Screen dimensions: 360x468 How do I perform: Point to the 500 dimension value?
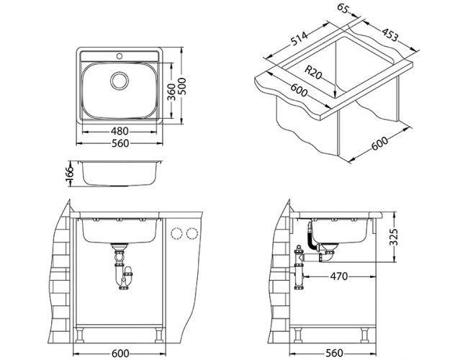coord(189,86)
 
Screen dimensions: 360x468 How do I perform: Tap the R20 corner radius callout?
coord(315,71)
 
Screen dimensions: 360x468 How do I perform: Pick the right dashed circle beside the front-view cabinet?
coord(192,233)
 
